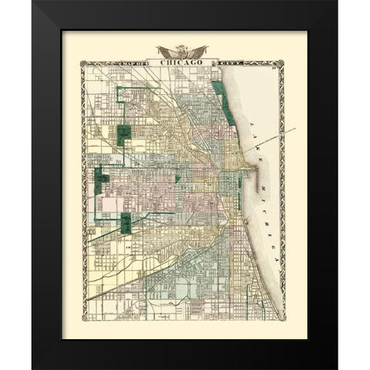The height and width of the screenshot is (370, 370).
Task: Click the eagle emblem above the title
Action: pyautogui.click(x=182, y=51)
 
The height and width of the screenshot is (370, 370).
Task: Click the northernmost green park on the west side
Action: pyautogui.click(x=124, y=134)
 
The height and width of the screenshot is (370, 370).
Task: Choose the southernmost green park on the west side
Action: pyautogui.click(x=126, y=223)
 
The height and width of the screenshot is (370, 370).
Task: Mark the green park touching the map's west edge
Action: pyautogui.click(x=99, y=182)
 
